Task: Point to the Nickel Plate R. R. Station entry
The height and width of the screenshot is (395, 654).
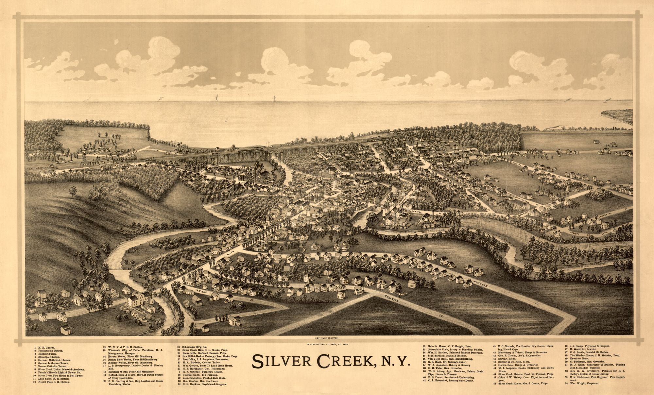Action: coord(52,382)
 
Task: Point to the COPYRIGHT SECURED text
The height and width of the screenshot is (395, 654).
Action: coord(327,337)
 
